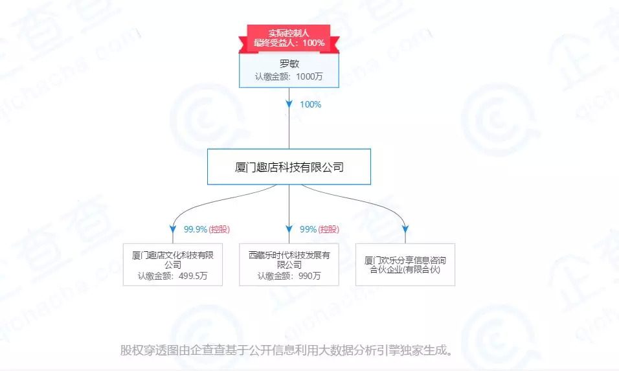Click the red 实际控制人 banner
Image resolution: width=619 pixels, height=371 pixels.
289,32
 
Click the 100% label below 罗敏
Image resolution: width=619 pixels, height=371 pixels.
310,104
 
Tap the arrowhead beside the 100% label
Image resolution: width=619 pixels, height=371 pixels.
289,104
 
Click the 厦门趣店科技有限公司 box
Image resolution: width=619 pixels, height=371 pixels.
289,167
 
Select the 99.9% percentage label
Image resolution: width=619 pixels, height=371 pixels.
195,229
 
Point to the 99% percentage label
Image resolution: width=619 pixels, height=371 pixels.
308,229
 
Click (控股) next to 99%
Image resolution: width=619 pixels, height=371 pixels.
329,229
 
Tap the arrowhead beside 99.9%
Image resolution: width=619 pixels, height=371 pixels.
172,229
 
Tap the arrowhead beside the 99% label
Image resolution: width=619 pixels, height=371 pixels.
289,229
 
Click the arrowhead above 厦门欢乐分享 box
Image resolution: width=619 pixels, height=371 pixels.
405,229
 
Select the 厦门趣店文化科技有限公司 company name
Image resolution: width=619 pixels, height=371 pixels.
172,260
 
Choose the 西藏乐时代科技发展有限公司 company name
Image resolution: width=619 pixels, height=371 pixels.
289,260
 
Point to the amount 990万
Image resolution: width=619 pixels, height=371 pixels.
307,276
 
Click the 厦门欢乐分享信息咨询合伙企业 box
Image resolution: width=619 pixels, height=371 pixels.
405,264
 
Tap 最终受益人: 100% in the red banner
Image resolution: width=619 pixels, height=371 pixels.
289,43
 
